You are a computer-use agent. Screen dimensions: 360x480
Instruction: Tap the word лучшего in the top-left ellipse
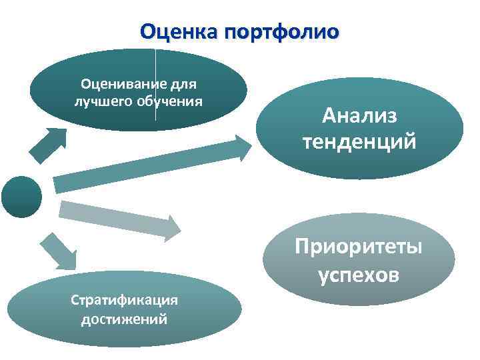pos(99,102)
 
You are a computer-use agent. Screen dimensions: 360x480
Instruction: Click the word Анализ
pos(359,116)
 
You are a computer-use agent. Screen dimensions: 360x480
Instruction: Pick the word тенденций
pos(359,141)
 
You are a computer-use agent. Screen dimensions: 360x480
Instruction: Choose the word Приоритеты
pos(359,247)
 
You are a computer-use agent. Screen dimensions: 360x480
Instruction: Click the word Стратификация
pos(124,299)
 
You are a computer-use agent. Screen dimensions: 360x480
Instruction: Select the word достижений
pos(124,319)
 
